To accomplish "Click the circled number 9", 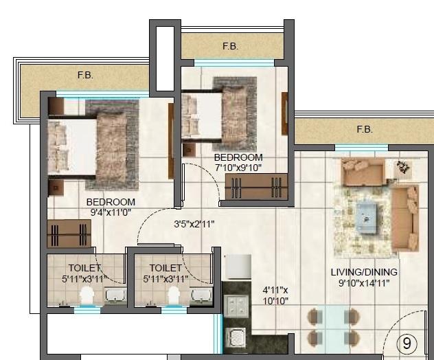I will (x=407, y=343).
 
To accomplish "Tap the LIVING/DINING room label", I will (x=363, y=271).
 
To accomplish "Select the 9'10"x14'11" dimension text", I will (x=363, y=282).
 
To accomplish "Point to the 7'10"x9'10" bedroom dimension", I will (x=238, y=167).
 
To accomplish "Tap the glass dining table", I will (x=333, y=326).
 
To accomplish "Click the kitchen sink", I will (x=238, y=338).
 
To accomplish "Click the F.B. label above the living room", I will (x=365, y=129).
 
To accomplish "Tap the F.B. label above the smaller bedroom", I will (x=230, y=46).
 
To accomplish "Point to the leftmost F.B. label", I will (x=84, y=76).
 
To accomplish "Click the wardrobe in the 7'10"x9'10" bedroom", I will (x=256, y=186).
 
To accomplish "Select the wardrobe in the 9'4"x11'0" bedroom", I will (x=69, y=234).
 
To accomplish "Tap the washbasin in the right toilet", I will (x=201, y=295).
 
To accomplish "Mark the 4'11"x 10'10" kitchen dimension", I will (x=275, y=295).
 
